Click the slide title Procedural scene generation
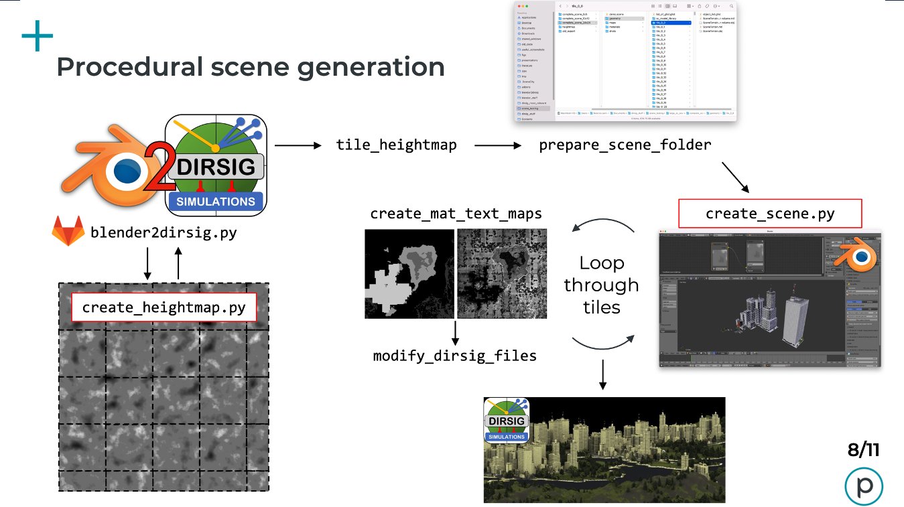click(x=251, y=67)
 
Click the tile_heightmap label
click(x=396, y=145)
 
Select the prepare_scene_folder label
click(x=625, y=145)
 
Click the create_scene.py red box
click(x=770, y=214)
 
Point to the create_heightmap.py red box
click(x=164, y=308)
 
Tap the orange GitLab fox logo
click(x=68, y=232)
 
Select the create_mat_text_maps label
click(x=456, y=214)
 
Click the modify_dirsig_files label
click(x=455, y=356)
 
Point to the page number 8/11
click(x=863, y=449)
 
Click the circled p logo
click(x=863, y=487)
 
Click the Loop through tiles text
click(x=601, y=285)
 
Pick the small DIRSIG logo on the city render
click(x=507, y=420)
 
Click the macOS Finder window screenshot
click(x=625, y=62)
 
